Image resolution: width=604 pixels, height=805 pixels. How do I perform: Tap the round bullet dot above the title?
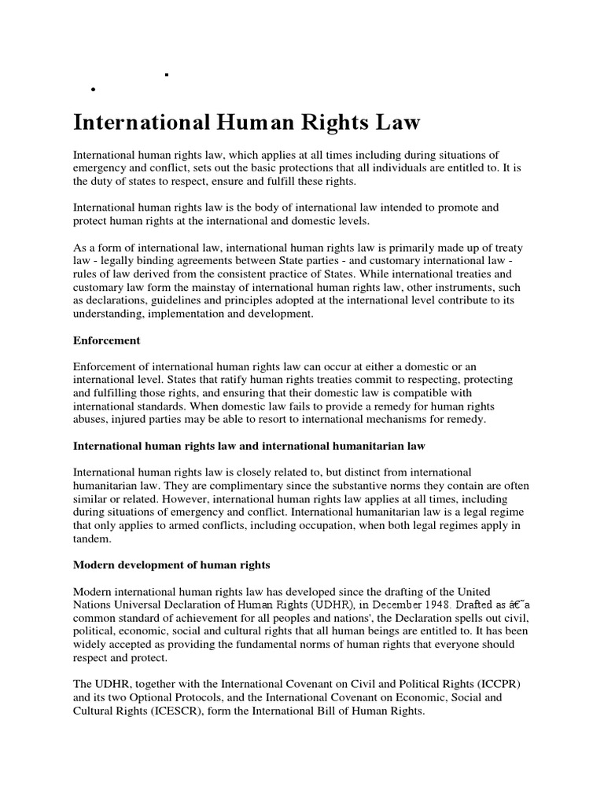pyautogui.click(x=94, y=90)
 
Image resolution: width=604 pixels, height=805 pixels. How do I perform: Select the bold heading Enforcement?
pyautogui.click(x=106, y=340)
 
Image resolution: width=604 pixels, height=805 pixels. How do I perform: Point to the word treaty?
pyautogui.click(x=506, y=248)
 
